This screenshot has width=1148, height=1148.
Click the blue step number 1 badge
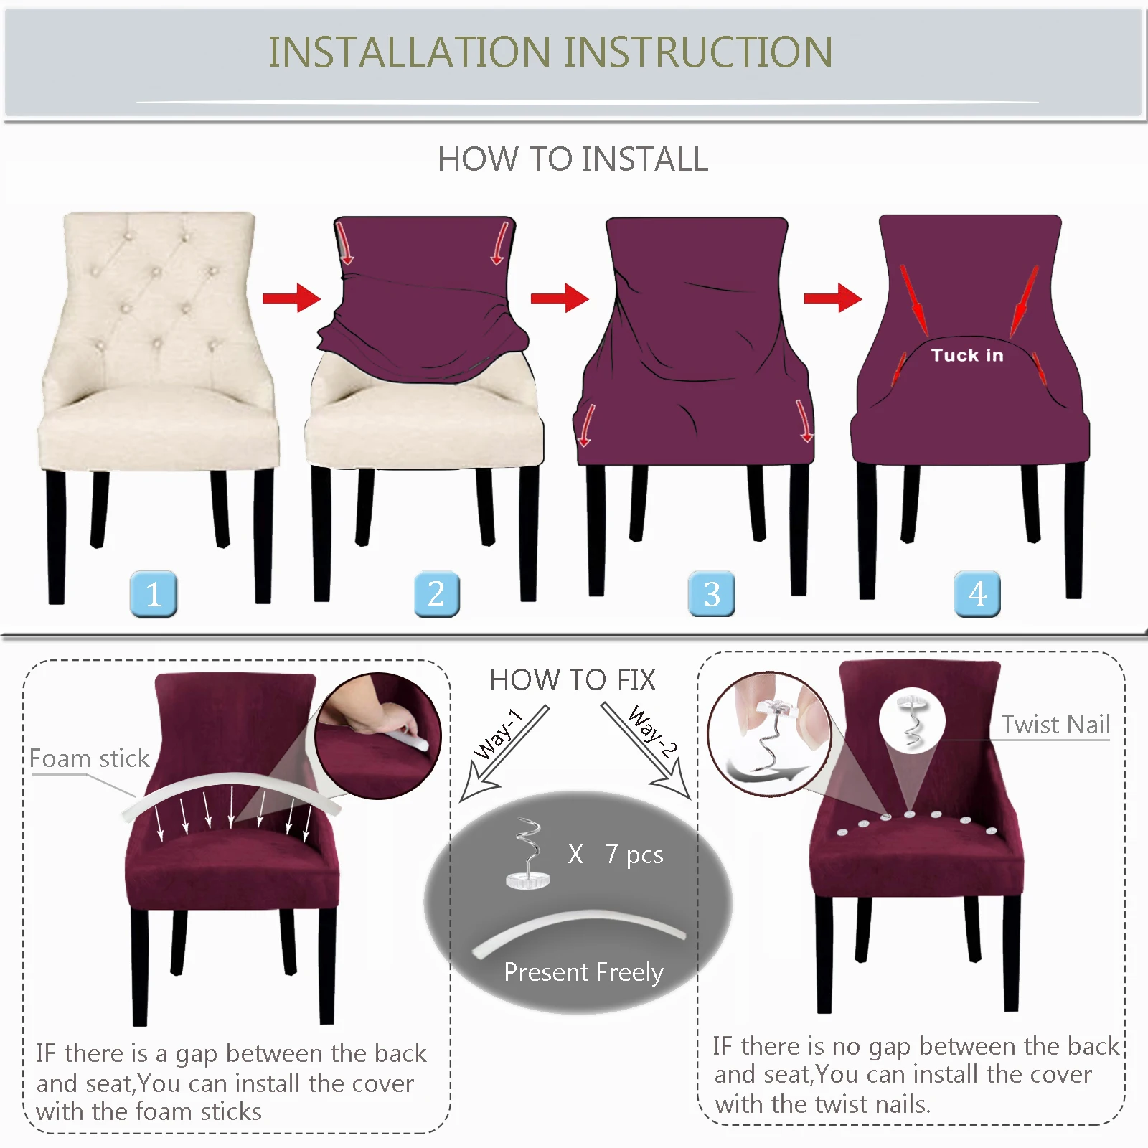(154, 594)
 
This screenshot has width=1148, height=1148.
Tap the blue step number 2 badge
(436, 594)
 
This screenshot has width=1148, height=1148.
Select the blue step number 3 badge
(711, 594)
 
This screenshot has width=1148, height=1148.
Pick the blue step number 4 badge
(977, 594)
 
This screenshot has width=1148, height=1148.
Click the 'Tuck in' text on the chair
(966, 355)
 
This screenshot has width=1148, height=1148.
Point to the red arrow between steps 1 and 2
(291, 298)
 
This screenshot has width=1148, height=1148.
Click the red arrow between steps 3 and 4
(832, 298)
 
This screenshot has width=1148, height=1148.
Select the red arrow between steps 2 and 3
(559, 298)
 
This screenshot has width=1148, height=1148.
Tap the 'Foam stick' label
(89, 758)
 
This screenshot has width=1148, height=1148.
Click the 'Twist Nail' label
(1055, 725)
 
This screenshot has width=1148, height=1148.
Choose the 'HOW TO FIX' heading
(573, 680)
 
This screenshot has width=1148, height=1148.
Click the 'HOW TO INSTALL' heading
(573, 159)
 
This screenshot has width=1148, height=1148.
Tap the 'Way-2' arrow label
(652, 732)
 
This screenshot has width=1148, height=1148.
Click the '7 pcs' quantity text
(634, 855)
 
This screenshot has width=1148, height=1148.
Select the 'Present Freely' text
(583, 972)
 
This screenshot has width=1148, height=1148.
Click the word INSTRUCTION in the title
(698, 52)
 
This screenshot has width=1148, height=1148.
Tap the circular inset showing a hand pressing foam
(377, 735)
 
